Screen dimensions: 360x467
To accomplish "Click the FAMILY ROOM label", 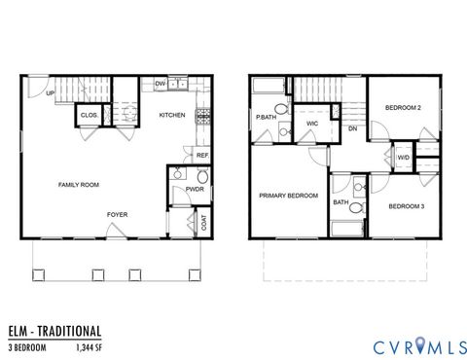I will tap(79, 185).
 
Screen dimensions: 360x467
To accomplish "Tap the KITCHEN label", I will tap(172, 115).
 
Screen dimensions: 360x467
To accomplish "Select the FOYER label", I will tap(118, 214).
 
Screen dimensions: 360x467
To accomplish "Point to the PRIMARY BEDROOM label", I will tap(288, 196).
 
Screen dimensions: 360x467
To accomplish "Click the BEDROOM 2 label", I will tap(402, 107).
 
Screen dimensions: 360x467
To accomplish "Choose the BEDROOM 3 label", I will tap(407, 205).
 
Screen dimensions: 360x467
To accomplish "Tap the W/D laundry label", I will tap(403, 157).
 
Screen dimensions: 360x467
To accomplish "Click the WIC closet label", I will tap(312, 124).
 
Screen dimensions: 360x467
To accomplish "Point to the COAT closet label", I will tap(203, 222).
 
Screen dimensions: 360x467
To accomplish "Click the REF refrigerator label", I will tap(202, 156).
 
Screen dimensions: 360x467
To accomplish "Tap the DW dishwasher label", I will tap(161, 85).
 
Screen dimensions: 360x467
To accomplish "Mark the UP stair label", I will tap(49, 93).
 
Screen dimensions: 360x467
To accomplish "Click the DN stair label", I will tap(352, 128).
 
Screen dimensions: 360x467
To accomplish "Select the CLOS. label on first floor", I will tap(88, 115).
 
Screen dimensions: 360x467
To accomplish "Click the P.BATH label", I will tap(265, 117).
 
